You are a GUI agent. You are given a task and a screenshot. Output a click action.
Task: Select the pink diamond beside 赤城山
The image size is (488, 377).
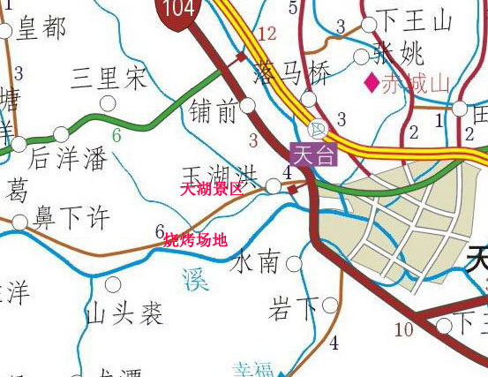click(372, 84)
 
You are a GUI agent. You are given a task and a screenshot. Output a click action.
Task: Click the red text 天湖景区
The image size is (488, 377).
click(211, 189)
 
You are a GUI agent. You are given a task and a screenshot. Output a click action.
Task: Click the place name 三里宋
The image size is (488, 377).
click(109, 79)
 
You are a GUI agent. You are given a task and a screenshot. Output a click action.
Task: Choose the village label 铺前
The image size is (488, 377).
click(214, 111)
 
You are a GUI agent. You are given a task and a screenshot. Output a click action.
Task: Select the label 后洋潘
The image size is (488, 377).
click(68, 159)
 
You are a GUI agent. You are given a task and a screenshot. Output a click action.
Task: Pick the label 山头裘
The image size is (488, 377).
click(125, 312)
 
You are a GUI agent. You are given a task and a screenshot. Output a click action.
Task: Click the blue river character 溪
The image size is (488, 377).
click(195, 280)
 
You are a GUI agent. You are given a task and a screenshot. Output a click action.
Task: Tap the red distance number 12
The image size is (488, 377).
click(267, 34)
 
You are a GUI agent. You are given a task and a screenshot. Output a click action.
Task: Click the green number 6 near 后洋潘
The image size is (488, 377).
click(116, 136)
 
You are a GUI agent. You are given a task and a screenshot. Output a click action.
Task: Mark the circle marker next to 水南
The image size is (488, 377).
click(294, 264)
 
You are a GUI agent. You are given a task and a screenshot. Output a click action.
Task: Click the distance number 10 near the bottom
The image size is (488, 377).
click(403, 330)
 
